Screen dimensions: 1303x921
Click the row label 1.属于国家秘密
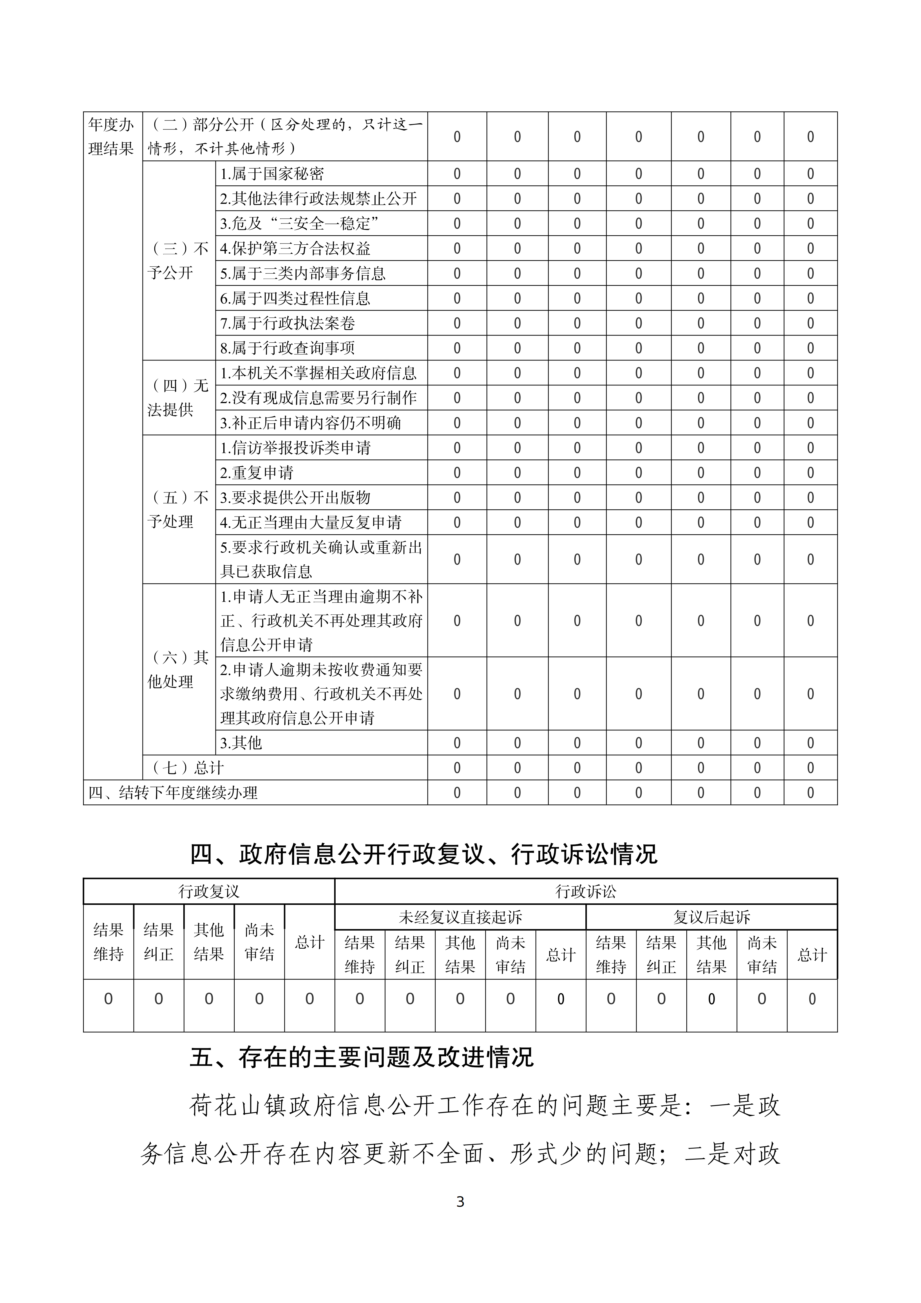[272, 174]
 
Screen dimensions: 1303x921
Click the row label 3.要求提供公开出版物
[295, 498]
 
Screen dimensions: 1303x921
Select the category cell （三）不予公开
[178, 261]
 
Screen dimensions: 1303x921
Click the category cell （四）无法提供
[178, 398]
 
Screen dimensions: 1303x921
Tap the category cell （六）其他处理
[178, 670]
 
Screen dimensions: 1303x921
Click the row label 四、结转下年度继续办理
[173, 793]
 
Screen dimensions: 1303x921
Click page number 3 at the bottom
[460, 1202]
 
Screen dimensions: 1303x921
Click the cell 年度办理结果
[111, 137]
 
